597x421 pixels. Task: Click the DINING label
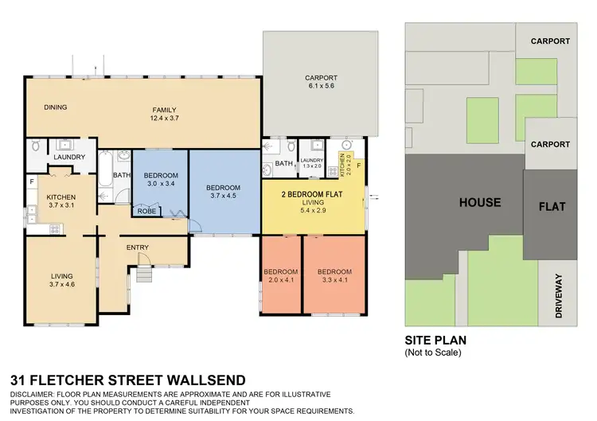point(55,107)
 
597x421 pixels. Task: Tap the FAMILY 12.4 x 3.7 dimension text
point(165,115)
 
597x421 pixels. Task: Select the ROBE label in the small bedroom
point(147,212)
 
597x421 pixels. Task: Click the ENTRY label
point(138,248)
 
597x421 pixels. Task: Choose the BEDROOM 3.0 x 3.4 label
point(161,179)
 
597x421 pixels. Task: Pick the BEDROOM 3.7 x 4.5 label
point(224,193)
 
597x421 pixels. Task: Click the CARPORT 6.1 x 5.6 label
point(322,83)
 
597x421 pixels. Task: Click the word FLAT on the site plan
point(552,206)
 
